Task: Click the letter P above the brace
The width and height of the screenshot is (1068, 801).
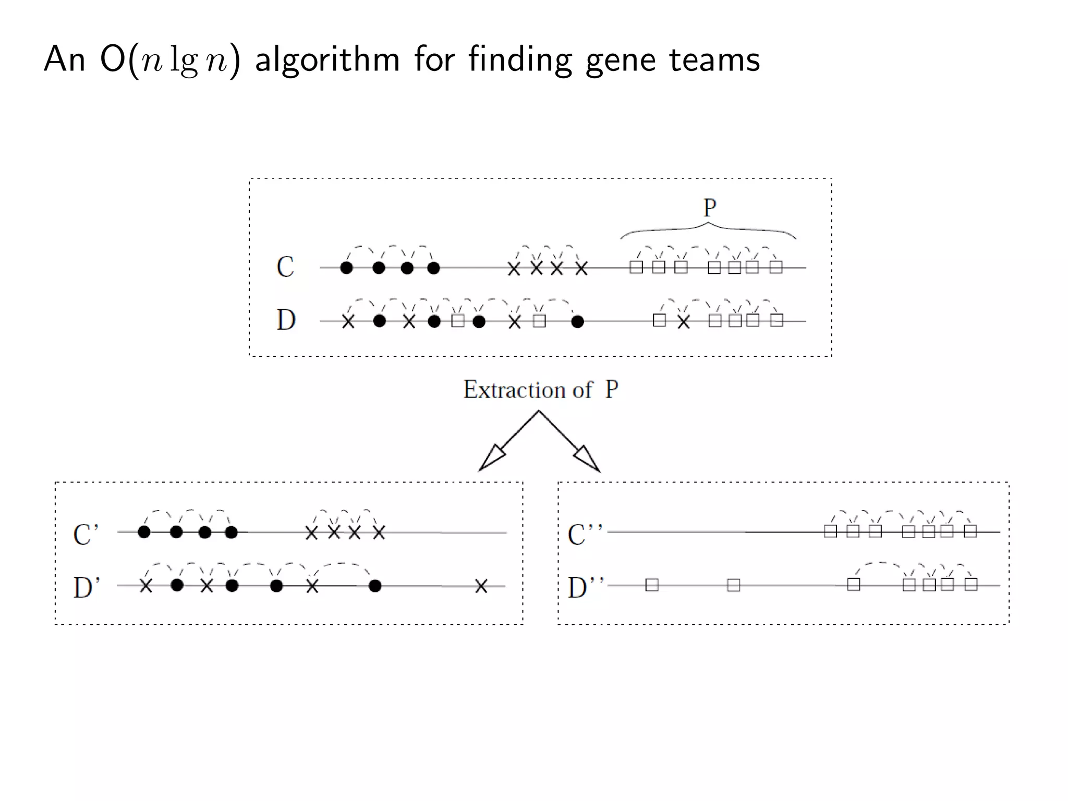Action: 709,208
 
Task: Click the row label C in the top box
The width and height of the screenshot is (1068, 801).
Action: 285,267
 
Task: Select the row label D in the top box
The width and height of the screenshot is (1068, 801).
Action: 286,320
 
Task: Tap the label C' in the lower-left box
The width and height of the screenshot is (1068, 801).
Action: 86,535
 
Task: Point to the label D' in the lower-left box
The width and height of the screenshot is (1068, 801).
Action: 86,587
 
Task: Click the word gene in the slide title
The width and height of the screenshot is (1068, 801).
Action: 620,59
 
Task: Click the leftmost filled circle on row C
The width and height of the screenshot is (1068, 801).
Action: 346,268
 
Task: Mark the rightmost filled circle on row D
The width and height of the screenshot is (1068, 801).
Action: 577,322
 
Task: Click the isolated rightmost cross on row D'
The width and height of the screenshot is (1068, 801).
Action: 481,586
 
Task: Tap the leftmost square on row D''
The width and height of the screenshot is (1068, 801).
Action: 652,585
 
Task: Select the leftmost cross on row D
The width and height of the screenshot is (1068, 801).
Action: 348,322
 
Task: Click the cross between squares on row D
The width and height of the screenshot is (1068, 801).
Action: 684,322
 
